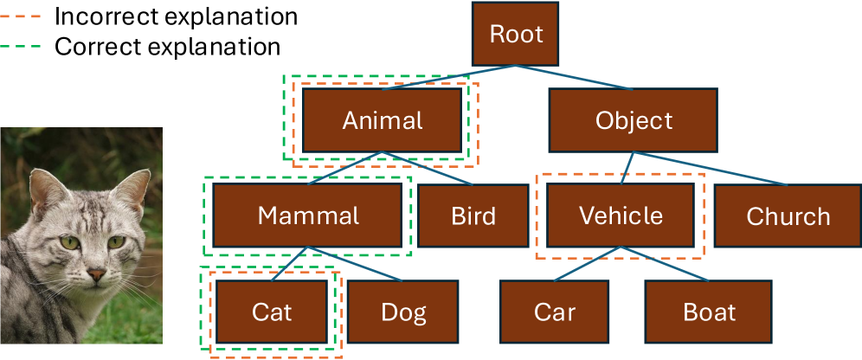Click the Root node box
tap(517, 35)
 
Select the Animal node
tap(383, 120)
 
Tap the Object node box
tap(634, 120)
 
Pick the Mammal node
tap(308, 215)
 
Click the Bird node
tap(473, 215)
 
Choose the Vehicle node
tap(621, 215)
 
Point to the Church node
tap(788, 215)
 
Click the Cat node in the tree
tap(272, 312)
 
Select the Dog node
tap(403, 312)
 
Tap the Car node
tap(555, 312)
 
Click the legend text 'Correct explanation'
tap(167, 47)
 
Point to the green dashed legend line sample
tap(23, 47)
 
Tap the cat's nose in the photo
tap(96, 276)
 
